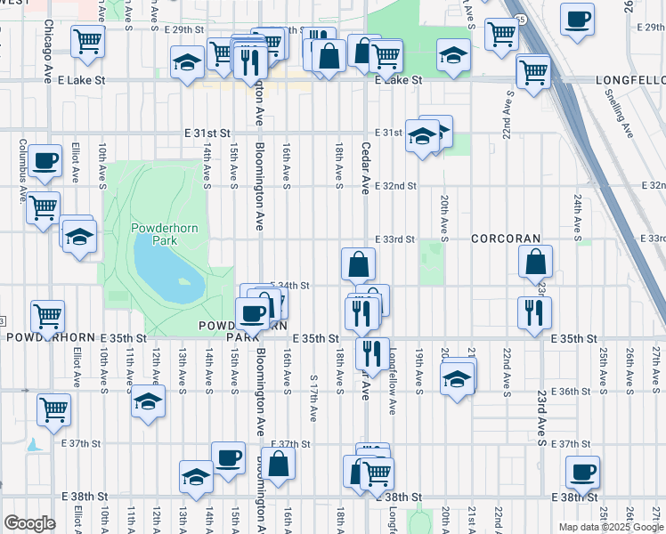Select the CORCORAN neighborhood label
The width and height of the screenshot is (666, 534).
pos(506,239)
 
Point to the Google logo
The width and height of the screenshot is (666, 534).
pos(29,523)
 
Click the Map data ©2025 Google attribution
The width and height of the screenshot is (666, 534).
pos(611,527)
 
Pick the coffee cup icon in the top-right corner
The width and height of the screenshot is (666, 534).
pos(578,20)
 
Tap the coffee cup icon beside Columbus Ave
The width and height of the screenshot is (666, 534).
pos(45,161)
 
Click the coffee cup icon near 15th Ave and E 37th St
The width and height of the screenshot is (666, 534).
pos(228,458)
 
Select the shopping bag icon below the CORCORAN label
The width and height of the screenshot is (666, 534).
pos(536,263)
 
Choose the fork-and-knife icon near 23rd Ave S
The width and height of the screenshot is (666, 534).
pos(534,312)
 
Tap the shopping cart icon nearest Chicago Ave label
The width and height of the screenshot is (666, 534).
pos(87,41)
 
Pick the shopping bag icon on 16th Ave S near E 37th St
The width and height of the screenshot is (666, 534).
pos(278,464)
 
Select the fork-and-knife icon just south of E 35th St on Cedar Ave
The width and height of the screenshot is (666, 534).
pos(372,352)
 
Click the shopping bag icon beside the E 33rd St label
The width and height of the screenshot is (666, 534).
pos(358,264)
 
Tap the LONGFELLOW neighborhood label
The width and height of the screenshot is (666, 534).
pos(629,80)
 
